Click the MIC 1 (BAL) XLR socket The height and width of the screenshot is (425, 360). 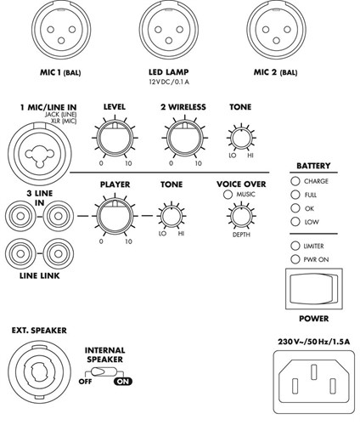click(x=61, y=30)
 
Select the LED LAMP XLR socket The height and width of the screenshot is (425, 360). click(x=169, y=30)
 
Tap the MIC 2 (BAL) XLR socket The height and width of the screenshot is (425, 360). click(x=276, y=30)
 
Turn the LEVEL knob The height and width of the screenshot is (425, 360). click(x=115, y=138)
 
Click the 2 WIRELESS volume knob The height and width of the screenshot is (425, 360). click(x=185, y=138)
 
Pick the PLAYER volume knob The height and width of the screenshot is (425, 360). click(x=115, y=216)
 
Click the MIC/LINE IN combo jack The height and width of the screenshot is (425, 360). click(x=39, y=154)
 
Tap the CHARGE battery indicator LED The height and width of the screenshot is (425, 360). click(x=295, y=181)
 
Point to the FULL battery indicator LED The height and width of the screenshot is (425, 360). click(x=295, y=195)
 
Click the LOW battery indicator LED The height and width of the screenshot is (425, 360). click(x=295, y=222)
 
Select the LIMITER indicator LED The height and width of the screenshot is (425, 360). click(x=295, y=246)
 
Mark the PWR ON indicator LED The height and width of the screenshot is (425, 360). click(x=295, y=259)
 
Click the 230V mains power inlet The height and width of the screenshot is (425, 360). click(x=314, y=382)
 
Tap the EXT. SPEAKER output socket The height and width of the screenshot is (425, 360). click(x=39, y=372)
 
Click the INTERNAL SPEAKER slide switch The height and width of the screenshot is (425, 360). click(x=104, y=371)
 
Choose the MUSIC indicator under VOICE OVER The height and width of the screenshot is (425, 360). click(x=228, y=195)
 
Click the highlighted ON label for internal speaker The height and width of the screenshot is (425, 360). click(x=123, y=382)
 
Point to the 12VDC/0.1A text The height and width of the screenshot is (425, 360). click(x=169, y=82)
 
